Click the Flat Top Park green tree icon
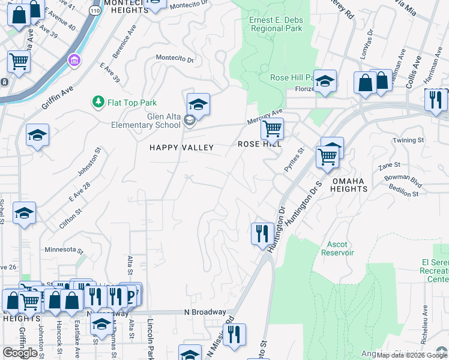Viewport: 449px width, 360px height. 98,103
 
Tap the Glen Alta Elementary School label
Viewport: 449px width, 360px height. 146,121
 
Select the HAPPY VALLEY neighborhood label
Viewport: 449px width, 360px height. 181,147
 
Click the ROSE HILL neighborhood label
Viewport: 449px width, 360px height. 260,144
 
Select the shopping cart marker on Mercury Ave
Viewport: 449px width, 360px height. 272,128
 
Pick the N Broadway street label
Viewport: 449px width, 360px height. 205,312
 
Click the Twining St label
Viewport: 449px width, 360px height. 408,140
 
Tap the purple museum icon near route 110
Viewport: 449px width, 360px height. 74,60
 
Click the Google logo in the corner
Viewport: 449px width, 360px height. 20,353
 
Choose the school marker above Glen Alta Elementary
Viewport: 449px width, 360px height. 198,104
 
